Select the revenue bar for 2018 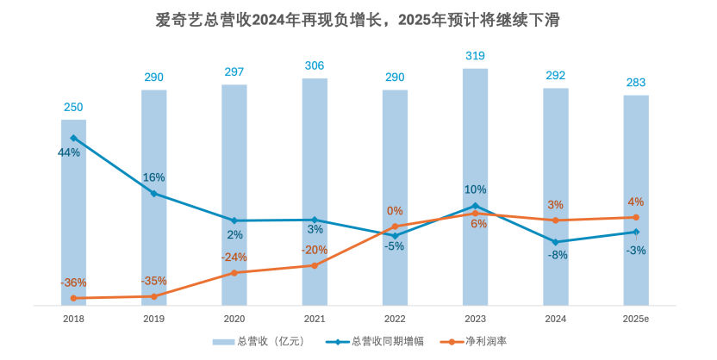click(x=73, y=215)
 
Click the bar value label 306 click(x=315, y=65)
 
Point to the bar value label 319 click(x=475, y=56)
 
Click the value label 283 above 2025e click(x=636, y=83)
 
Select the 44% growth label click(x=69, y=152)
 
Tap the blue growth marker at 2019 click(x=153, y=193)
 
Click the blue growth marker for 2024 click(x=556, y=242)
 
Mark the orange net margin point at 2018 click(x=73, y=298)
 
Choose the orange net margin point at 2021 click(x=315, y=265)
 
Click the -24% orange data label click(x=234, y=257)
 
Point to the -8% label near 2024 click(x=557, y=255)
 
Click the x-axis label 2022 click(x=395, y=319)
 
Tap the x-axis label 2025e click(x=636, y=319)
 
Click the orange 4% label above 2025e click(x=636, y=202)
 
